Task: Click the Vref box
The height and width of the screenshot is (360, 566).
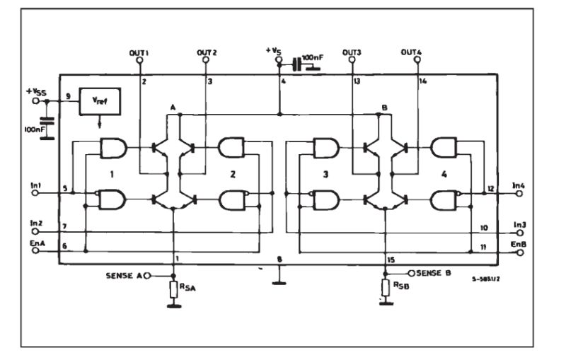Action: click(x=100, y=102)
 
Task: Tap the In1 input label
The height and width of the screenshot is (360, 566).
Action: click(x=36, y=185)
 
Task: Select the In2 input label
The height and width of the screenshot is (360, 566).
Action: click(x=36, y=222)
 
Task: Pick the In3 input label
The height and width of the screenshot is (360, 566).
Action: click(x=519, y=223)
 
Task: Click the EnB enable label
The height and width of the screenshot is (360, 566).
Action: click(x=519, y=243)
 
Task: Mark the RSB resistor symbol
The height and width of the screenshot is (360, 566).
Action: click(x=386, y=288)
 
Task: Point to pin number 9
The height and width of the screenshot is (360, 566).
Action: click(x=67, y=95)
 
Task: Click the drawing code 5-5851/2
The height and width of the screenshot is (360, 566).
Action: click(x=487, y=279)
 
